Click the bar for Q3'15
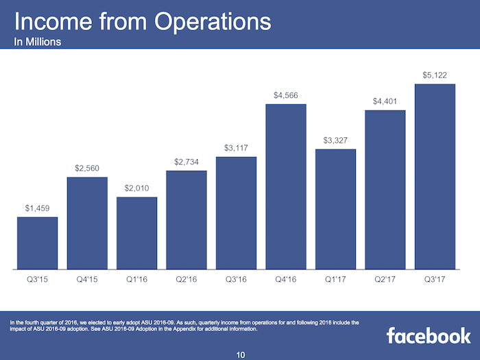click(x=37, y=243)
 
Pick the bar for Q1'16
click(x=136, y=233)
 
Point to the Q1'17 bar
click(x=335, y=209)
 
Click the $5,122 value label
click(x=435, y=74)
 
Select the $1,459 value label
click(x=37, y=208)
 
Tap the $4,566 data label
click(x=286, y=95)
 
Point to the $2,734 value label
click(x=186, y=161)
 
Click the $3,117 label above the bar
click(x=236, y=147)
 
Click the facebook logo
click(x=428, y=335)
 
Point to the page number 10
click(x=240, y=354)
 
